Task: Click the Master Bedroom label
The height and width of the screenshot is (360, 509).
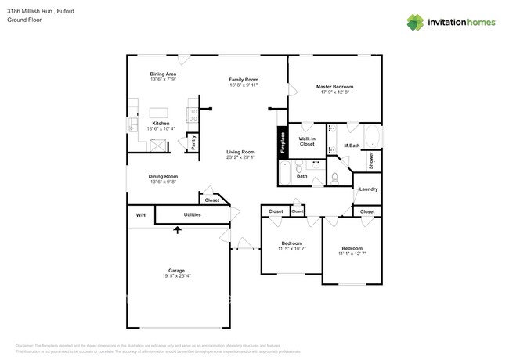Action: pyautogui.click(x=334, y=86)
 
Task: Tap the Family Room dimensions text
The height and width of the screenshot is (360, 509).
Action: pyautogui.click(x=244, y=85)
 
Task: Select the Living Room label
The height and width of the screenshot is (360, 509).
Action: pyautogui.click(x=241, y=152)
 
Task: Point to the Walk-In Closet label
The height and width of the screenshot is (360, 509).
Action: pyautogui.click(x=307, y=142)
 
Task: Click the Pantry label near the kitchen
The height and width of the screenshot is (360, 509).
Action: pyautogui.click(x=192, y=142)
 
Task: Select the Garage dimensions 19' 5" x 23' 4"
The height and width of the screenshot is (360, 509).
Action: pyautogui.click(x=177, y=275)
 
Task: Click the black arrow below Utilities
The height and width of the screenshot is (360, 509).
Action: pyautogui.click(x=177, y=229)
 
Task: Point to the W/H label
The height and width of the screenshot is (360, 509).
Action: pyautogui.click(x=141, y=214)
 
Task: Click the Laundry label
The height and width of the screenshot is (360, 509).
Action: pyautogui.click(x=369, y=189)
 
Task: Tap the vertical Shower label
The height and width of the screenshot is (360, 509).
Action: pyautogui.click(x=371, y=160)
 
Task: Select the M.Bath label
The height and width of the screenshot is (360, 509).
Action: pyautogui.click(x=352, y=146)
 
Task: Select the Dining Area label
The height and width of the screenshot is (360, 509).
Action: pyautogui.click(x=163, y=74)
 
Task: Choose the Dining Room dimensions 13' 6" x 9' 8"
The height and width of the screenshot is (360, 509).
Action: pyautogui.click(x=164, y=182)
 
